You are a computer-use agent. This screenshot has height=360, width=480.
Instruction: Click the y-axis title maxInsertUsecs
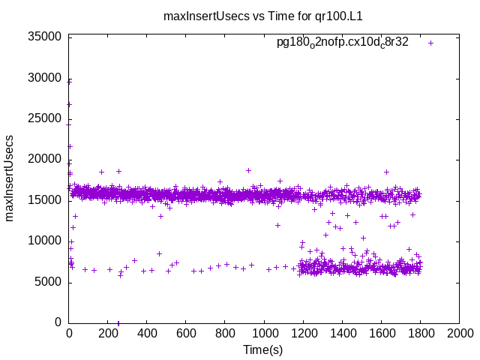click(10, 178)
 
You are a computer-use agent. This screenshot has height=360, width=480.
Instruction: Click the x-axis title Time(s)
click(263, 349)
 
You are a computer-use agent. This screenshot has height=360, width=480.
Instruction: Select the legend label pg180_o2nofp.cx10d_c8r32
click(343, 43)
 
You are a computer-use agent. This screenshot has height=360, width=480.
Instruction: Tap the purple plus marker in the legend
click(430, 43)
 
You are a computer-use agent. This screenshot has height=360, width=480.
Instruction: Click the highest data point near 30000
click(70, 80)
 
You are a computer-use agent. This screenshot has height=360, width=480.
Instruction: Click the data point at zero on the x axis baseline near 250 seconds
click(118, 322)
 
